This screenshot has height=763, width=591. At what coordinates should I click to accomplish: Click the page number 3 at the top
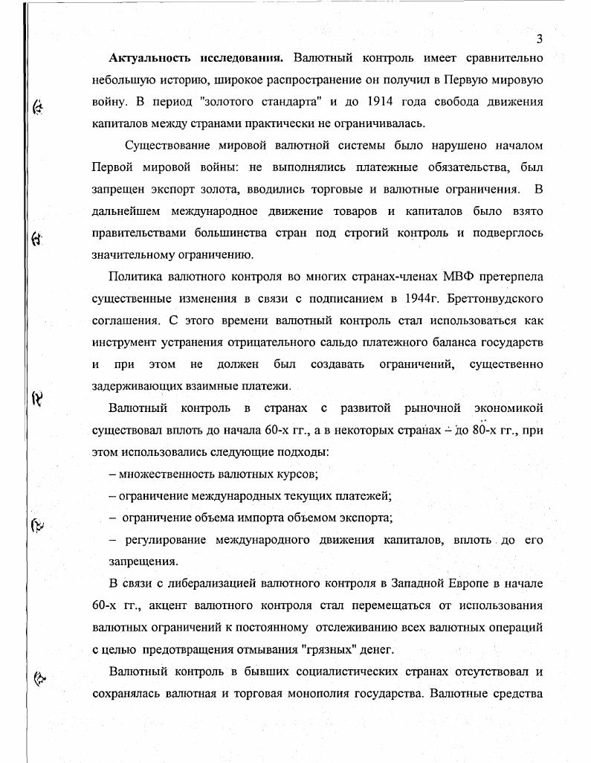click(540, 39)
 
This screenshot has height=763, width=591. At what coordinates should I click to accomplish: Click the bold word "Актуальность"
click(152, 58)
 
